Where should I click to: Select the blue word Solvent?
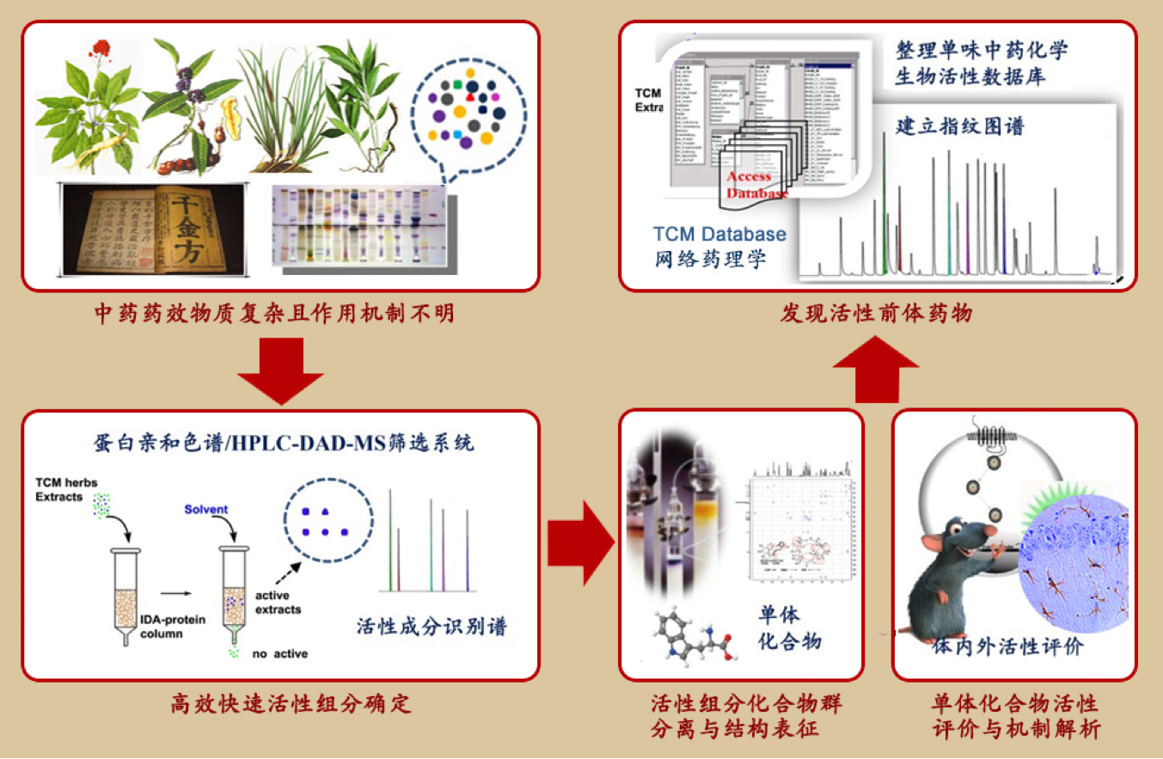pos(205,509)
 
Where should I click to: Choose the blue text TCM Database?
pos(719,234)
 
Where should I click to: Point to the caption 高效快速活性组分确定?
pos(280,705)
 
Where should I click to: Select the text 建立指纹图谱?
pos(960,125)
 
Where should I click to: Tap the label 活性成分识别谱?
pos(432,625)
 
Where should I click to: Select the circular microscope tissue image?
pos(1076,572)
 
